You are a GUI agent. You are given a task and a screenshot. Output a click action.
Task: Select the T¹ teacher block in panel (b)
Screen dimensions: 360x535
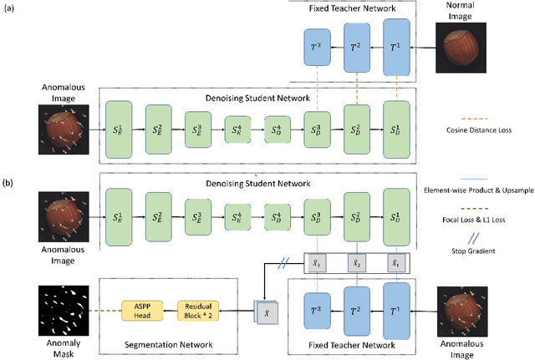tap(397, 308)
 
